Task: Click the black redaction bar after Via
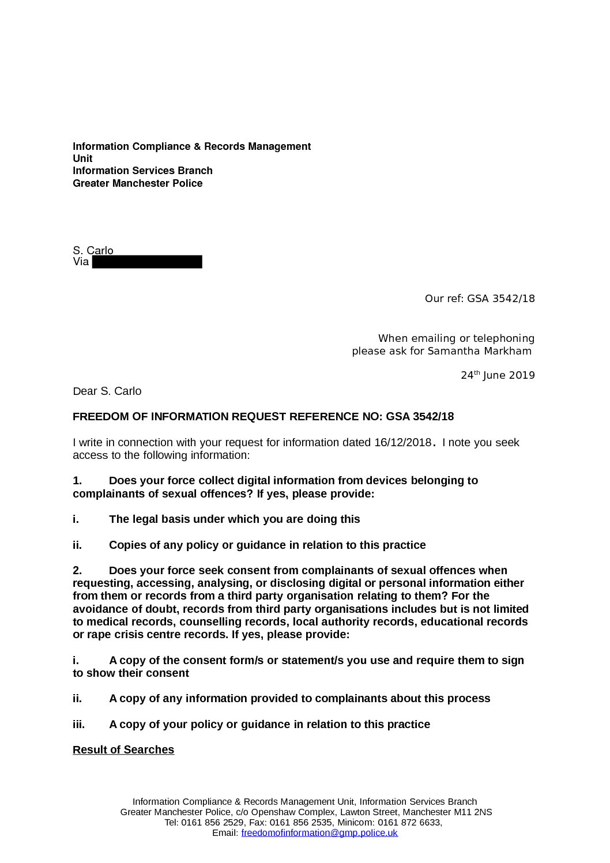147,262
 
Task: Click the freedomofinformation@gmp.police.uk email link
319,833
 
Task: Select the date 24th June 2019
498,376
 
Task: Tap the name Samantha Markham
479,351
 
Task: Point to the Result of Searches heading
123,750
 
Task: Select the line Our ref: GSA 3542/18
480,299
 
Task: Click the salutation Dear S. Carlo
107,391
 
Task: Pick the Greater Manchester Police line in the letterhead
138,183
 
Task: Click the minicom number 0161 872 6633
412,823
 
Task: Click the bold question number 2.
77,571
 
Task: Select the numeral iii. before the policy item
78,725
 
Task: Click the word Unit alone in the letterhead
82,159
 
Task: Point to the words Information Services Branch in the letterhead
142,171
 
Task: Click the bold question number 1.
77,481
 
